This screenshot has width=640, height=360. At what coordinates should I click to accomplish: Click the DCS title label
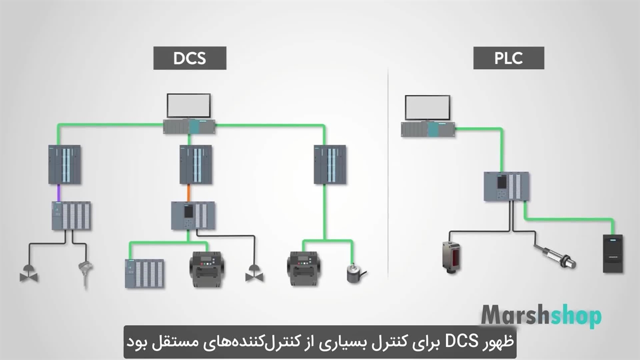(x=189, y=58)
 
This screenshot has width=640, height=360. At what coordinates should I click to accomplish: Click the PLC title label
(x=508, y=58)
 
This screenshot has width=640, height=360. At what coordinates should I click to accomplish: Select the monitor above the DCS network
(x=188, y=106)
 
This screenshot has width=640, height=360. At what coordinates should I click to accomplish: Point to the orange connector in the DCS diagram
(x=188, y=192)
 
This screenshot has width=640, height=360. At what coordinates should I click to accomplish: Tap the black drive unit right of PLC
(x=612, y=253)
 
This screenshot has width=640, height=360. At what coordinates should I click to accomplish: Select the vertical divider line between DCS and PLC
(x=388, y=175)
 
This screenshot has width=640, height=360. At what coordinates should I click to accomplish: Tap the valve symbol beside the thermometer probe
(x=29, y=274)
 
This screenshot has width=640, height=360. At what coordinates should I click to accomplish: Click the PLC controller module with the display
(x=506, y=186)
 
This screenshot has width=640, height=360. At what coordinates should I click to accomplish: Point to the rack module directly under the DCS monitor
(x=189, y=127)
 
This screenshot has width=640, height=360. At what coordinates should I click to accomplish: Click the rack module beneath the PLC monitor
(x=428, y=129)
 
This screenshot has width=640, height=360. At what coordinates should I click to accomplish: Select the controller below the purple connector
(x=71, y=215)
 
